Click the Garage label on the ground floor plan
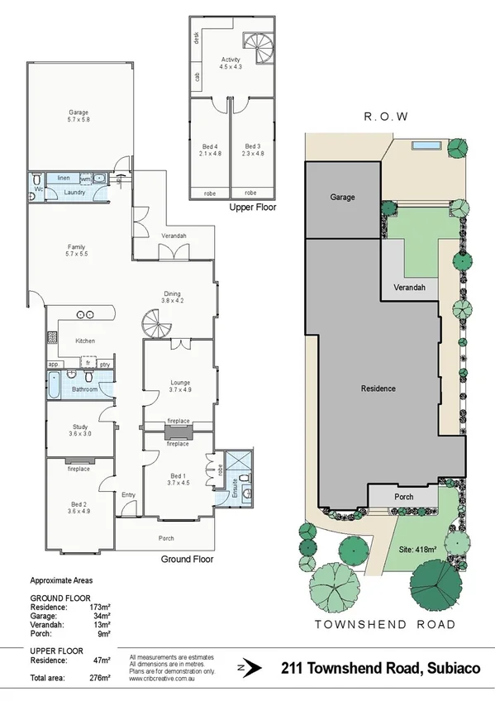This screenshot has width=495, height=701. (78, 112)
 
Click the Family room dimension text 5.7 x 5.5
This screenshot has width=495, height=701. (77, 254)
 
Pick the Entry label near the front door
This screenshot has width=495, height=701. (128, 494)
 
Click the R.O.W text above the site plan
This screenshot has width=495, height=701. (387, 117)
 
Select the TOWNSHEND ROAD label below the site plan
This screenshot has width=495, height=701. (385, 624)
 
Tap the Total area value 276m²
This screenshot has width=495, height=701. (100, 678)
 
